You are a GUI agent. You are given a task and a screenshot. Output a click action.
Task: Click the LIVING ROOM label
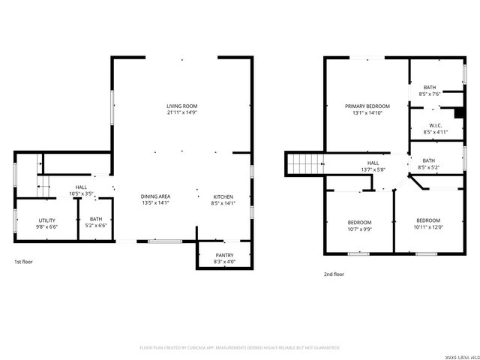tap(181, 106)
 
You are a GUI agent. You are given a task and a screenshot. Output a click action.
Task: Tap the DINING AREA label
tap(156, 196)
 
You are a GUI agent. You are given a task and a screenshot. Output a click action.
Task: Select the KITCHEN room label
tap(223, 196)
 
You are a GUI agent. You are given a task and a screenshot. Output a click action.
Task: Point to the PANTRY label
tap(224, 255)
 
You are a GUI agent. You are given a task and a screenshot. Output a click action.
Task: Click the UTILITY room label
tap(46, 220)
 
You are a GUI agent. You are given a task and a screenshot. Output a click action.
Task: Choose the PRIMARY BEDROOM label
tap(367, 106)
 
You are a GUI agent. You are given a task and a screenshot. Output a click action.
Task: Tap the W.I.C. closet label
tap(435, 125)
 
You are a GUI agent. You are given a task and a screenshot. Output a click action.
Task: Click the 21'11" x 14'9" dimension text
tap(181, 113)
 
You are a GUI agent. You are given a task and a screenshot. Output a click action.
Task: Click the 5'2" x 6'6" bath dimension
tap(96, 226)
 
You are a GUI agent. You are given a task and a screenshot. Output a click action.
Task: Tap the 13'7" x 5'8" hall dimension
tap(373, 169)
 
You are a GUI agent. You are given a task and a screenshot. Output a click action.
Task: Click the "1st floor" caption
tap(23, 262)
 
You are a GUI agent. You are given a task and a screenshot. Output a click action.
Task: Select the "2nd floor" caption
tap(334, 274)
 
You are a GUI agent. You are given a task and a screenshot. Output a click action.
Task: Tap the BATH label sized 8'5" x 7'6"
tap(430, 88)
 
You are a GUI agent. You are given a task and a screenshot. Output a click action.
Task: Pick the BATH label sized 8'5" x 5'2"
tap(428, 160)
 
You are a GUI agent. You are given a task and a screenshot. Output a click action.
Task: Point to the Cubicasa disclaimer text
tap(240, 347)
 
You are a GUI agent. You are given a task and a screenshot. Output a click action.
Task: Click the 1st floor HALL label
tap(82, 187)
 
